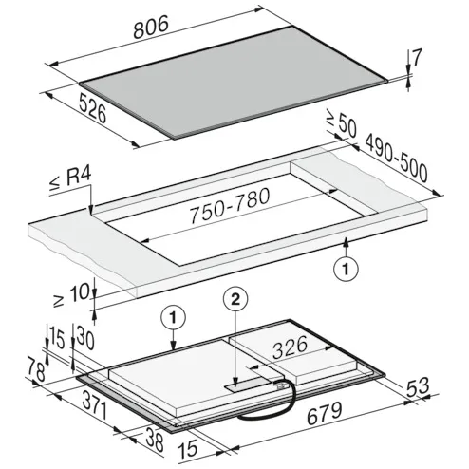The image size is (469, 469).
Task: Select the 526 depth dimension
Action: click(x=92, y=108)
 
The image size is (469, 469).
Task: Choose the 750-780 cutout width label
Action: click(x=230, y=205)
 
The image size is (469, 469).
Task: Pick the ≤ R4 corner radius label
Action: click(x=70, y=179)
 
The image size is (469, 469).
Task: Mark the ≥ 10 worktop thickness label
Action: click(x=72, y=296)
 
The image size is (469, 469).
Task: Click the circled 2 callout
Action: click(x=235, y=299)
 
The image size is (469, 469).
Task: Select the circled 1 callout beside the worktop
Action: click(x=347, y=270)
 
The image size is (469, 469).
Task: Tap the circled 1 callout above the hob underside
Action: click(x=173, y=317)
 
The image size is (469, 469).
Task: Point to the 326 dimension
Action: click(x=290, y=347)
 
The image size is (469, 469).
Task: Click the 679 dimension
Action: click(x=325, y=413)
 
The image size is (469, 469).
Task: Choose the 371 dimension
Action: click(x=95, y=405)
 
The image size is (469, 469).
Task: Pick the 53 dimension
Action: click(x=418, y=386)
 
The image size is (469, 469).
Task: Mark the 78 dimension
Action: click(x=35, y=368)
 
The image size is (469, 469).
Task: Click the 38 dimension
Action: click(x=155, y=439)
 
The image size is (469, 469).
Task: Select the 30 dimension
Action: click(x=84, y=339)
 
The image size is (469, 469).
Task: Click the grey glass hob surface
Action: click(x=234, y=83)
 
